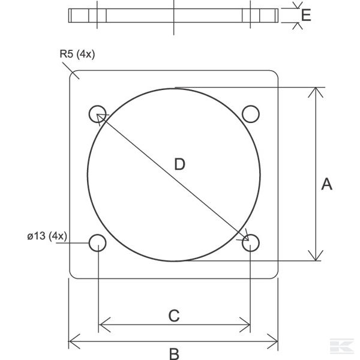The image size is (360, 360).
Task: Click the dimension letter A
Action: pyautogui.click(x=326, y=184)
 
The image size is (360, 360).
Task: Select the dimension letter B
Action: pyautogui.click(x=174, y=353)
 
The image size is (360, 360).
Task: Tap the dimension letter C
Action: pyautogui.click(x=173, y=316)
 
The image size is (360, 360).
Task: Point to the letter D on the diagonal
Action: pyautogui.click(x=179, y=164)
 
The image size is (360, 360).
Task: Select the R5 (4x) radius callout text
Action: pyautogui.click(x=77, y=55)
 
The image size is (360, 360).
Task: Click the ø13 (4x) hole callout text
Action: pyautogui.click(x=47, y=235)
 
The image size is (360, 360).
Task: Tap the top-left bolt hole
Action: pyautogui.click(x=98, y=113)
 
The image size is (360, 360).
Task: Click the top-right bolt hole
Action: pyautogui.click(x=250, y=113)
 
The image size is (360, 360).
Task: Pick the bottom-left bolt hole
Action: pyautogui.click(x=98, y=242)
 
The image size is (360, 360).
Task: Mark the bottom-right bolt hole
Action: pyautogui.click(x=250, y=242)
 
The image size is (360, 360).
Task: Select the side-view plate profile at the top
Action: pyautogui.click(x=173, y=16)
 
